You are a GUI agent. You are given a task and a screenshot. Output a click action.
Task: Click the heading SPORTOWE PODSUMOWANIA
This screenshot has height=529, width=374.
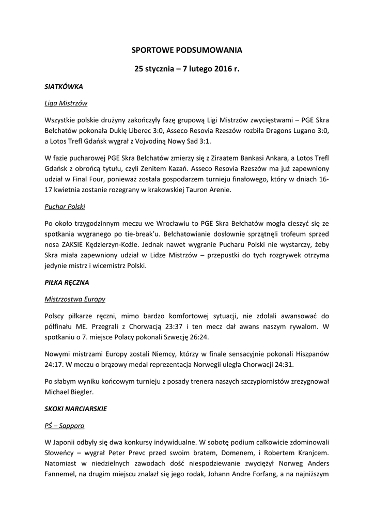click(x=186, y=50)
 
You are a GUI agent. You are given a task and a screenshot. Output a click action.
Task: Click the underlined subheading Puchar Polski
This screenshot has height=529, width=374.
click(x=65, y=207)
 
